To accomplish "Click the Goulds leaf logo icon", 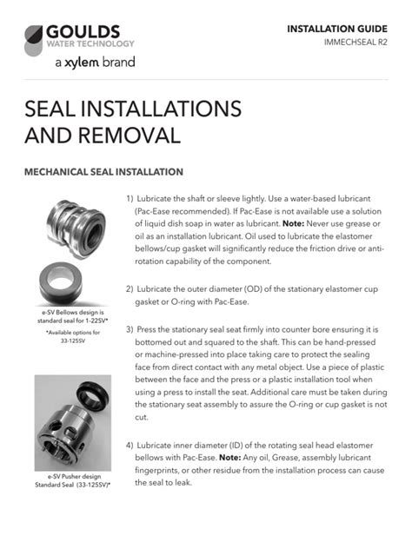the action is [x=34, y=40].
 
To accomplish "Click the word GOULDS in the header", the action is [x=83, y=32].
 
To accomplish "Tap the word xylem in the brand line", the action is [x=82, y=63].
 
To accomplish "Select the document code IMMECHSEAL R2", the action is [x=356, y=43].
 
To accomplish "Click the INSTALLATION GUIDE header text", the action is [x=337, y=29].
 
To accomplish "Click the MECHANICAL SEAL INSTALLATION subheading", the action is [x=103, y=172].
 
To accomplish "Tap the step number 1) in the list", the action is [x=130, y=199].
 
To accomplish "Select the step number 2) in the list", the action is [x=130, y=289].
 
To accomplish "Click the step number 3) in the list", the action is [x=130, y=330].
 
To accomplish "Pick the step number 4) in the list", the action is [x=130, y=446].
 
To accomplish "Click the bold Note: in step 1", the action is [x=293, y=224].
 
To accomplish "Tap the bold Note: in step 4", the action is [x=229, y=458].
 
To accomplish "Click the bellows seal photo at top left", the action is [x=76, y=229].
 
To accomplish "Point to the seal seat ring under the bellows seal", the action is [x=61, y=283].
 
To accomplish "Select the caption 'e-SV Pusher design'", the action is [x=74, y=477].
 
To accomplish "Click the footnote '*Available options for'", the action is [x=73, y=333].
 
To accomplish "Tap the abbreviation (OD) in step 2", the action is [x=253, y=289].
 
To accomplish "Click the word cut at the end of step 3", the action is [x=141, y=417].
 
